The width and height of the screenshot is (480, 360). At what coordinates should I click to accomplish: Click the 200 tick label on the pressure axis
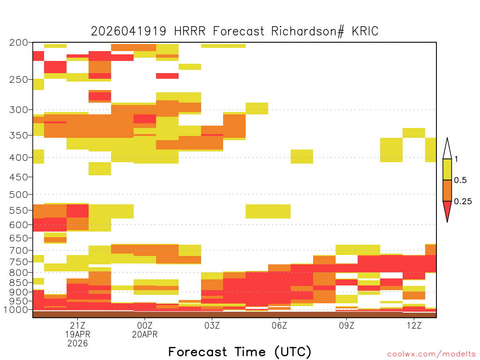click(18, 42)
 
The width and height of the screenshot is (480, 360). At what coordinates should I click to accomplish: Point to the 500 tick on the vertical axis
click(18, 195)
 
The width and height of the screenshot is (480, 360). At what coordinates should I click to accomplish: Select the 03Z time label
click(212, 325)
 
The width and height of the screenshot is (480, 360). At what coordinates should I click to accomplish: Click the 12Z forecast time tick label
click(414, 325)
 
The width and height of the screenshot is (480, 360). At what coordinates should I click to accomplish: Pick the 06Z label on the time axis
click(279, 325)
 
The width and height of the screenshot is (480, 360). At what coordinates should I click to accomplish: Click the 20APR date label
click(145, 334)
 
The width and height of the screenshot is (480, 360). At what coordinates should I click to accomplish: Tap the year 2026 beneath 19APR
click(77, 344)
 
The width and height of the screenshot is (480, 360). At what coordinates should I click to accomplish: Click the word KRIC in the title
click(365, 31)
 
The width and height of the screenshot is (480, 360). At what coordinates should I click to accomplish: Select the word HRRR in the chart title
click(190, 31)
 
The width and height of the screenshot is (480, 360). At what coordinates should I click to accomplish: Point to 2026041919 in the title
click(128, 31)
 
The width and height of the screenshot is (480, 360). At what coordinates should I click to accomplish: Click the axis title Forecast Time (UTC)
click(240, 352)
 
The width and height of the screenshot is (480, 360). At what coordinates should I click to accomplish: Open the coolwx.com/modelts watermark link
click(432, 354)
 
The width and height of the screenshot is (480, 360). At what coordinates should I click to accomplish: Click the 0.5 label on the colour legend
click(460, 180)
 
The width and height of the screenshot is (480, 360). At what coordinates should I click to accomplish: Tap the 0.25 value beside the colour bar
click(463, 202)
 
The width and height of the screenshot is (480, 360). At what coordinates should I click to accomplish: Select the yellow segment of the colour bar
click(447, 169)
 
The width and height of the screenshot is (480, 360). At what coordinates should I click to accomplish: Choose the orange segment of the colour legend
click(447, 190)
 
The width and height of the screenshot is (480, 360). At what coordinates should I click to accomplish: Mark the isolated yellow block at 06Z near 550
click(268, 211)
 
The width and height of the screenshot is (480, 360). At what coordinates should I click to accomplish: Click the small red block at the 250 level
click(167, 76)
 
